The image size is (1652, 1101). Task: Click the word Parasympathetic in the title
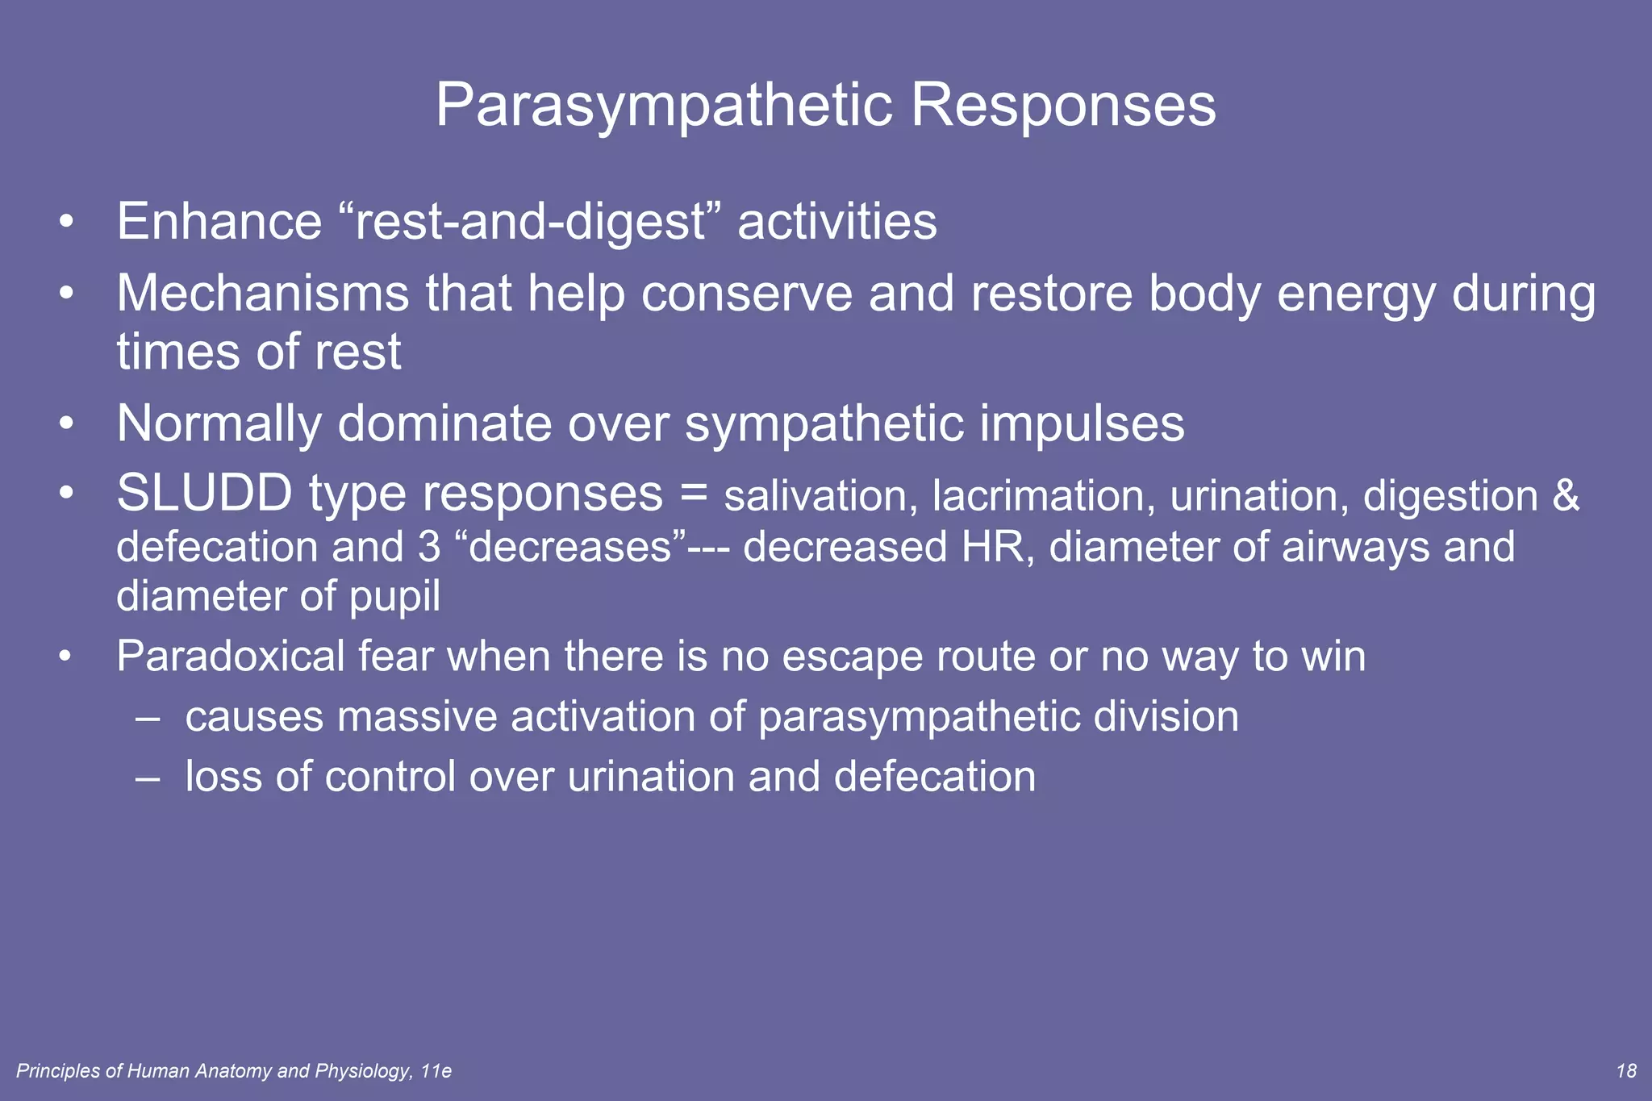coord(664,106)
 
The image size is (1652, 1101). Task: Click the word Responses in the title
coord(1062,106)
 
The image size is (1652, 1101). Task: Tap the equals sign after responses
coord(693,493)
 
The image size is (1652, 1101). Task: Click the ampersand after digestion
coord(1565,496)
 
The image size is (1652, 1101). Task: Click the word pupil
coord(394,598)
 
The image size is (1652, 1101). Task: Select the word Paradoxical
coord(231,656)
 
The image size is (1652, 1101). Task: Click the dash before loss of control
coord(148,777)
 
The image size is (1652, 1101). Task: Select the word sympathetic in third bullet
coord(824,424)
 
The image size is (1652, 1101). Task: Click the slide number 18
coord(1626,1070)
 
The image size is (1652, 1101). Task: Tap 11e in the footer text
coord(436,1070)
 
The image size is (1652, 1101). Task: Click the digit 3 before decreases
coord(429,547)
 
